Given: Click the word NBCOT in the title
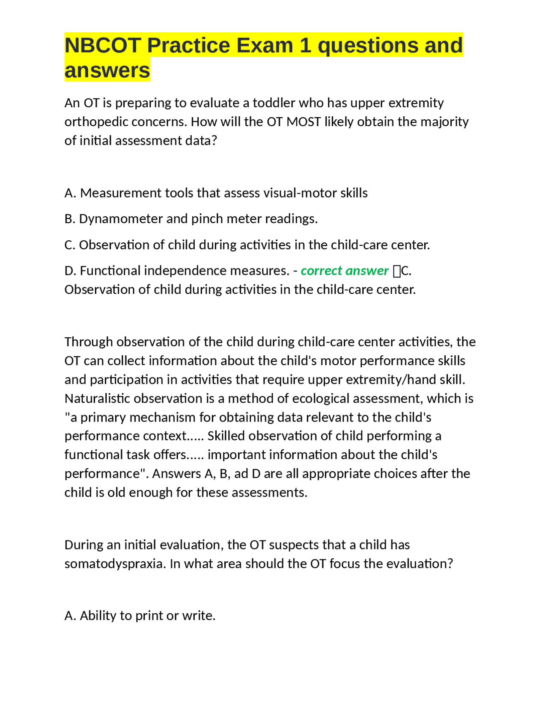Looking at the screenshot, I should pos(102,45).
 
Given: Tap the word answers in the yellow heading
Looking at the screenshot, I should pos(107,70).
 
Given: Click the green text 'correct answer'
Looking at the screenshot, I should pos(344,271).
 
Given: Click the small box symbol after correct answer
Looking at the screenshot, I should pos(396,271).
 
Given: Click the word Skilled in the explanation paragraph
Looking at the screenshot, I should pos(226,436).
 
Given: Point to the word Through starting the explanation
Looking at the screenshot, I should pos(89,342).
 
